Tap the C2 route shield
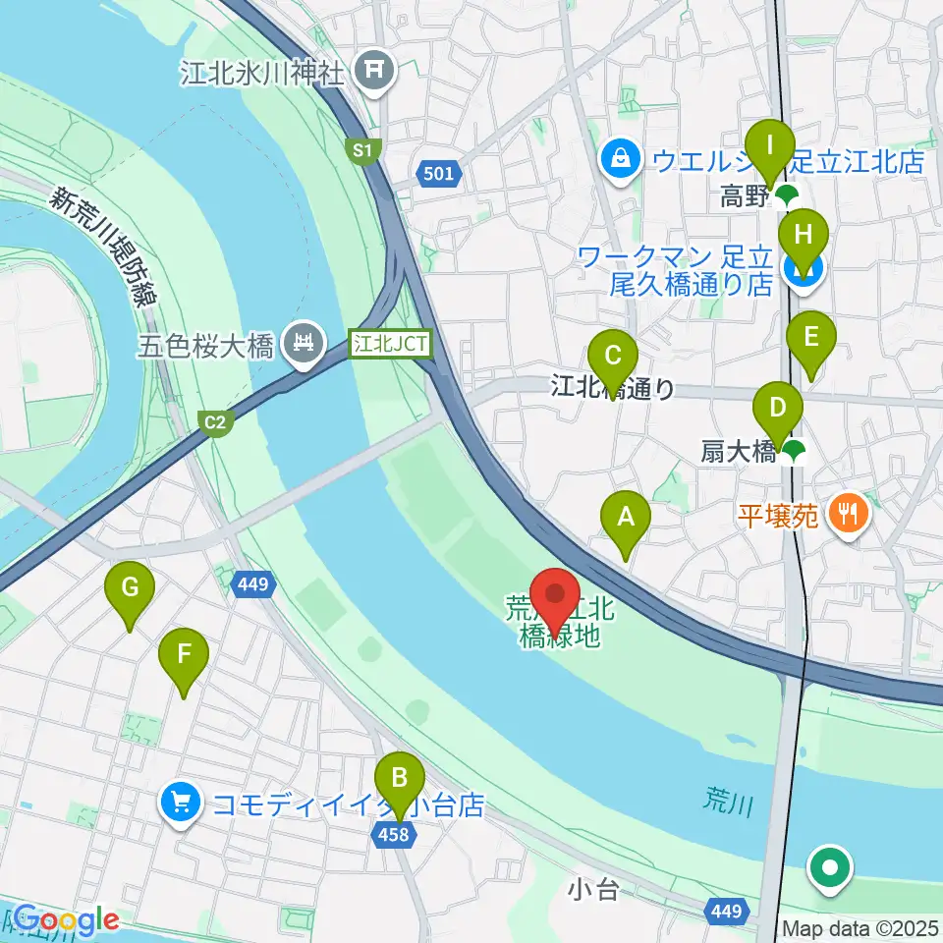pos(215,422)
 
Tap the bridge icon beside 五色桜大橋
pos(301,345)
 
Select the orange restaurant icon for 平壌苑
pos(847,514)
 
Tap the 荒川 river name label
pos(728,804)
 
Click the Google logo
pos(65,919)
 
